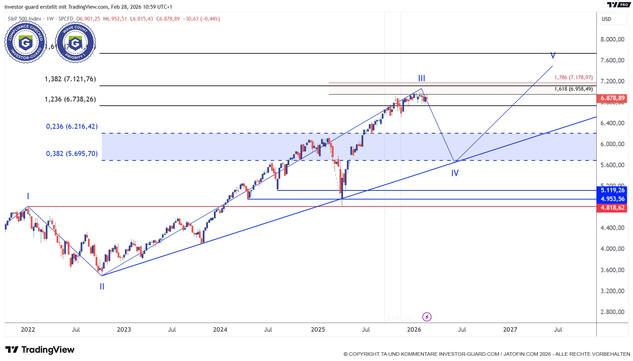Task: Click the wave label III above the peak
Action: (422, 78)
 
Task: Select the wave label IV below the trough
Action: (455, 173)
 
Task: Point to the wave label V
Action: (553, 55)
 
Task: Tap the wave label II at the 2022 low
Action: (102, 286)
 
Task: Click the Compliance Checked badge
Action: (25, 42)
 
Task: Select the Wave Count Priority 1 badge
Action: (75, 42)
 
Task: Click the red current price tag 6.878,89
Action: (612, 98)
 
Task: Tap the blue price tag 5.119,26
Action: (612, 190)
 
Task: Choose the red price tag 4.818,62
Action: (612, 208)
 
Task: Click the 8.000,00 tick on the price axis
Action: (612, 39)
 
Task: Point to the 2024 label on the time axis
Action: (220, 330)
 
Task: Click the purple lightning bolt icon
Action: (427, 317)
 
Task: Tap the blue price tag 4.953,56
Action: (612, 199)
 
